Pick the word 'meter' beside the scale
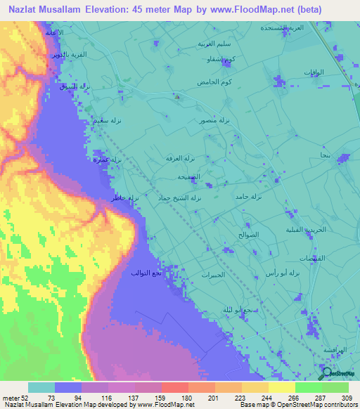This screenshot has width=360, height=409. point(11,397)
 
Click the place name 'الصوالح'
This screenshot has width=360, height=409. point(249,234)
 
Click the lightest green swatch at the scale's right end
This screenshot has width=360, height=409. point(335,387)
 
